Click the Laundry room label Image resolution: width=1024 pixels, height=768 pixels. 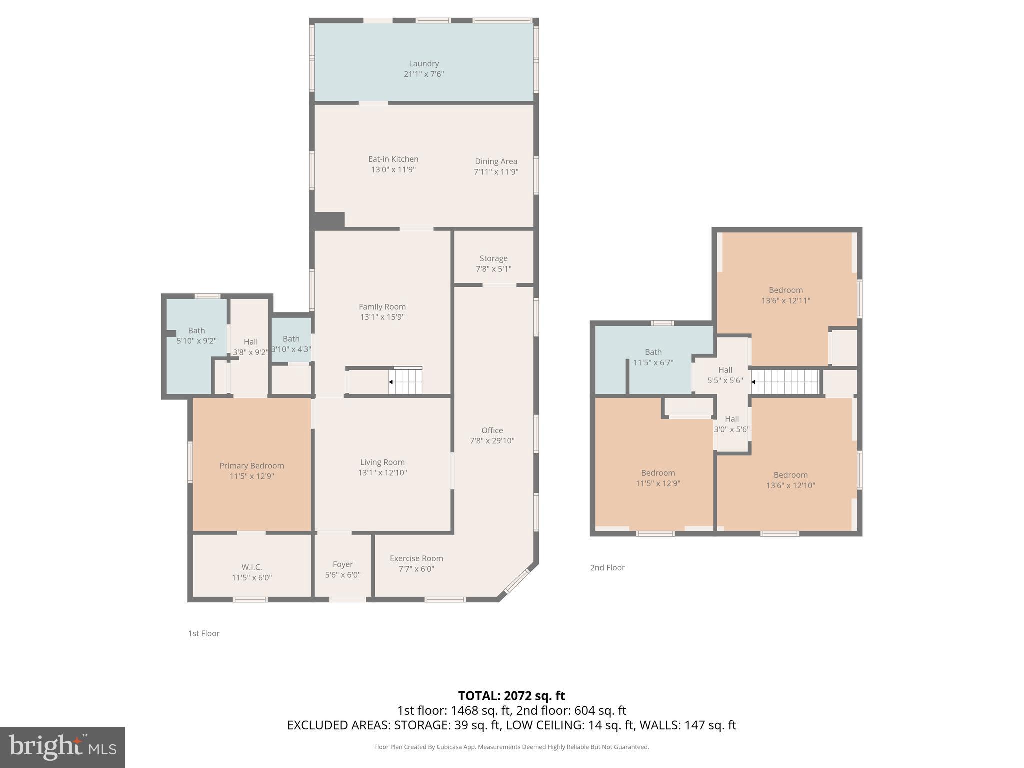pyautogui.click(x=423, y=64)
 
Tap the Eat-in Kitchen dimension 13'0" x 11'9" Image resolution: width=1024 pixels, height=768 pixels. pyautogui.click(x=393, y=170)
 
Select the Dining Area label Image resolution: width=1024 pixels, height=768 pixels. pyautogui.click(x=496, y=161)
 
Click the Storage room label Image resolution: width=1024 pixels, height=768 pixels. pyautogui.click(x=493, y=258)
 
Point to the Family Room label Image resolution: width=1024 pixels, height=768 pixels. pyautogui.click(x=382, y=307)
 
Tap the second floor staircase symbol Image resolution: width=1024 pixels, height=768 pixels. pyautogui.click(x=785, y=382)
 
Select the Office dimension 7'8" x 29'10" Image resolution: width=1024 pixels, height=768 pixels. pyautogui.click(x=492, y=441)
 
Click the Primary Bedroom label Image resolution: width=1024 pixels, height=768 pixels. pyautogui.click(x=252, y=466)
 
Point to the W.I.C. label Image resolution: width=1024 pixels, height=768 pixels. pyautogui.click(x=252, y=567)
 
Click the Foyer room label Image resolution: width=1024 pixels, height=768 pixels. pyautogui.click(x=343, y=564)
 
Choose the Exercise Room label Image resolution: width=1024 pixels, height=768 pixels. pyautogui.click(x=416, y=558)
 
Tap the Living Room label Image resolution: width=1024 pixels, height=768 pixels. pyautogui.click(x=382, y=462)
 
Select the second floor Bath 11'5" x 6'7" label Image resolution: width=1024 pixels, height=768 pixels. pyautogui.click(x=653, y=357)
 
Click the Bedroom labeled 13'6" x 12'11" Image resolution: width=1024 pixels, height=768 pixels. pyautogui.click(x=785, y=295)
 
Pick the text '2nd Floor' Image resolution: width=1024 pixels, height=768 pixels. pyautogui.click(x=607, y=567)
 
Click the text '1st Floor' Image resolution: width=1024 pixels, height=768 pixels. pyautogui.click(x=204, y=633)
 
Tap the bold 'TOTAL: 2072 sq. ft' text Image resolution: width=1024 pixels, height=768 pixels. pyautogui.click(x=511, y=696)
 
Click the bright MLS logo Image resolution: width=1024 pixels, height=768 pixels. pyautogui.click(x=62, y=747)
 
